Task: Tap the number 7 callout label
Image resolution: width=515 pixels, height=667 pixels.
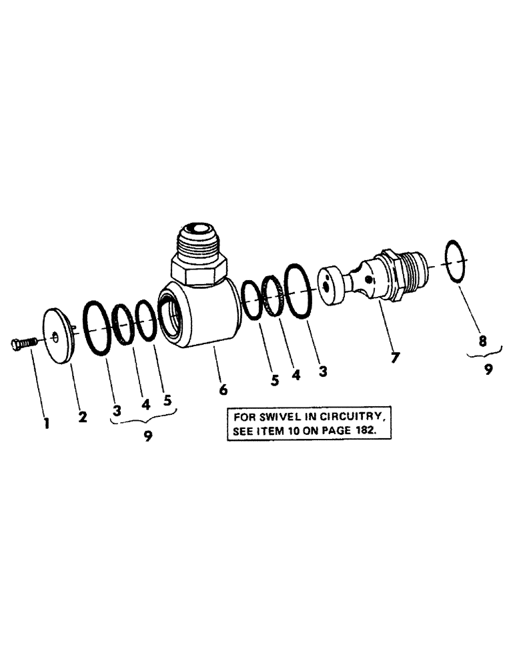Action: [395, 357]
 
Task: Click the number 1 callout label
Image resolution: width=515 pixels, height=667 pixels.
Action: [47, 423]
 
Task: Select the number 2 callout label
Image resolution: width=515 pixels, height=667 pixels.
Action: [82, 418]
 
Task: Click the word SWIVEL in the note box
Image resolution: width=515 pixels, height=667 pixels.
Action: [273, 417]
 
